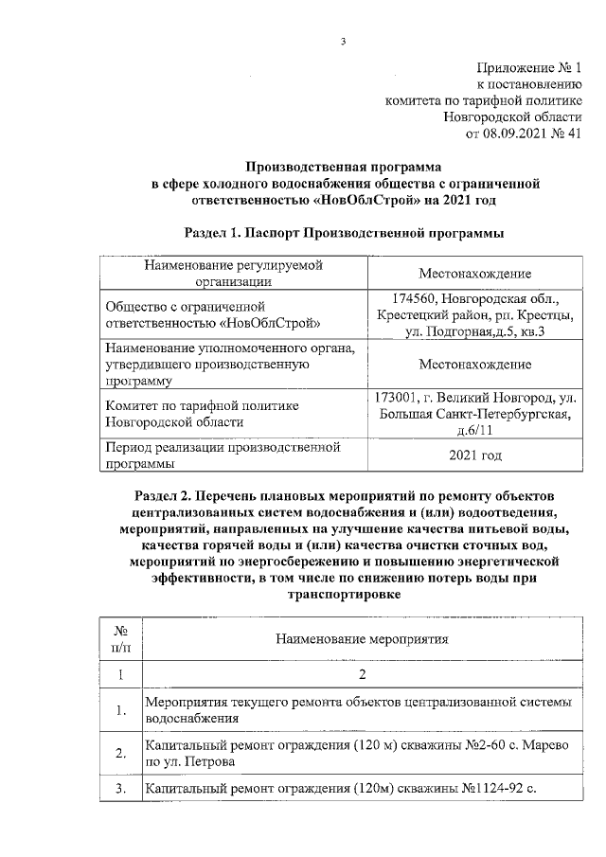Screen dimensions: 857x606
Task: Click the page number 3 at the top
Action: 344,41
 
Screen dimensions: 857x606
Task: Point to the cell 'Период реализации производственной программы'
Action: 223,455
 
